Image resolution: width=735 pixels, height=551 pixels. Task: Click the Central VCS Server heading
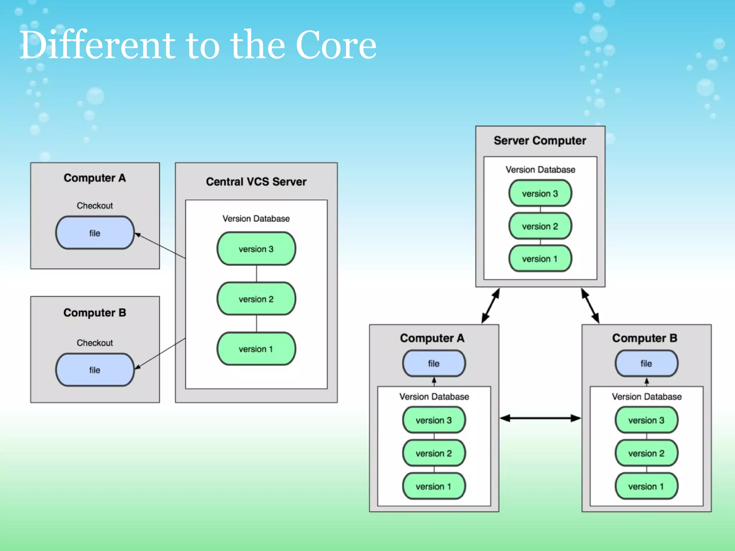coord(256,182)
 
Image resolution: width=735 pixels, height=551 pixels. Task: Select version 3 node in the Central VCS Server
coord(256,249)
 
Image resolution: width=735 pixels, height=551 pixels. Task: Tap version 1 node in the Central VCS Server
coord(256,349)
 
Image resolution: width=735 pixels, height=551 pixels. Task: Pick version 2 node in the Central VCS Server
coord(256,299)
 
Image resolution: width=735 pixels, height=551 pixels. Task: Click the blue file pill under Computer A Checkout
coord(95,233)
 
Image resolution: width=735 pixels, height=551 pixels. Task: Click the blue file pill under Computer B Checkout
coord(95,370)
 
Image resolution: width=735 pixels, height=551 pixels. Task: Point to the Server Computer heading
coord(540,140)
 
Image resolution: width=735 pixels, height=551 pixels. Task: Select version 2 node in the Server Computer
coord(540,226)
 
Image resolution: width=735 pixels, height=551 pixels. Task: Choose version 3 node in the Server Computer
coord(540,193)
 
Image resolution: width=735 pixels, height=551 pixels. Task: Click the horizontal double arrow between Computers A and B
coord(540,418)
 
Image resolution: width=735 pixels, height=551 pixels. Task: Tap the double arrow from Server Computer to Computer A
coord(490,306)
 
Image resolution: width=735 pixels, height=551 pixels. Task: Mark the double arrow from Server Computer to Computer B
coord(590,306)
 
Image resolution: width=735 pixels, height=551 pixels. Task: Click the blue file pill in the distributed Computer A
coord(434,363)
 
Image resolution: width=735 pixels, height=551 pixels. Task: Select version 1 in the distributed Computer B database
coord(646,486)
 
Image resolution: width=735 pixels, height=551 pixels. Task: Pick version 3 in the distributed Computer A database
coord(434,420)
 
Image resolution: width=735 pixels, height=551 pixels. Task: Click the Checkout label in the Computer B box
coord(95,343)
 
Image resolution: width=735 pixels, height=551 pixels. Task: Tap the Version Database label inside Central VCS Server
coord(256,218)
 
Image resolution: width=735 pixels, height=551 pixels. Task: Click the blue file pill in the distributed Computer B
coord(646,363)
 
